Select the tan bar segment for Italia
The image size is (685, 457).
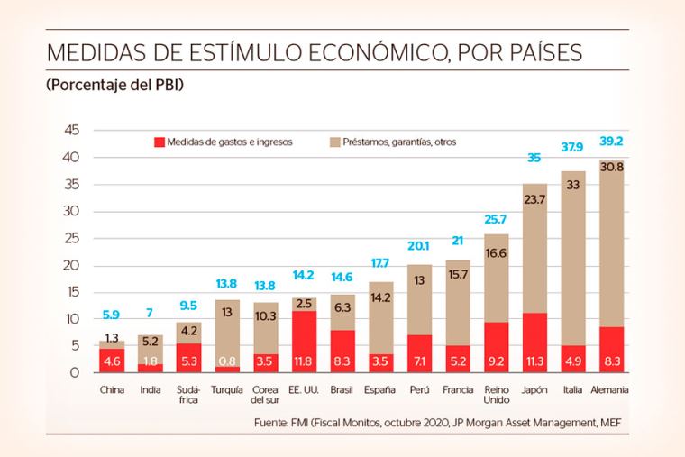(572, 258)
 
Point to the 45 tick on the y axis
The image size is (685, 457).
(73, 132)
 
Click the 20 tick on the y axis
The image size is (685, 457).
(73, 266)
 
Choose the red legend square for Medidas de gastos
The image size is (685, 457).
(160, 142)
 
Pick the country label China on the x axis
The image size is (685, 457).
(112, 389)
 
